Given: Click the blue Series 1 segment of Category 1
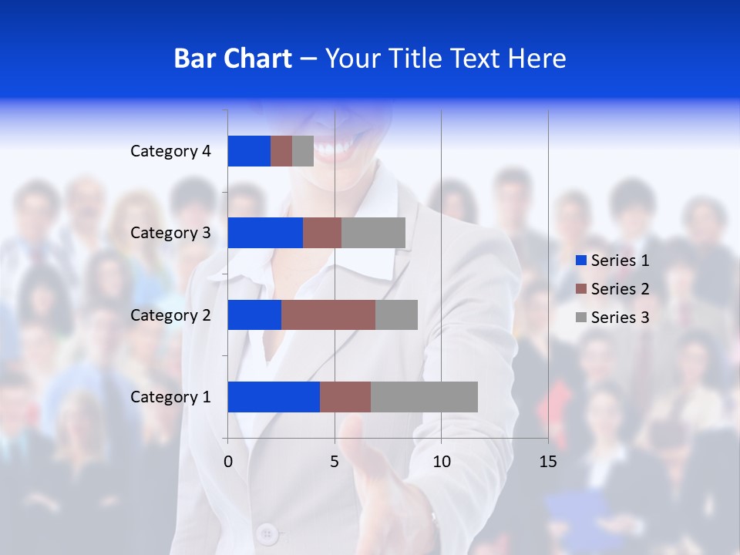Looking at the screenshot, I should coord(274,397).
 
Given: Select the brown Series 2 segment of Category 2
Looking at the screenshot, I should coord(328,314).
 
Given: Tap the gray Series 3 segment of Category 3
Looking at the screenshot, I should coord(373,233).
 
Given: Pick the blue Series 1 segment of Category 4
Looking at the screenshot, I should coord(249,151).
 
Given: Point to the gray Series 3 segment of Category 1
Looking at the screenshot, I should coord(424,397).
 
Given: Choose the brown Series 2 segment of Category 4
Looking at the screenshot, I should coord(281,151).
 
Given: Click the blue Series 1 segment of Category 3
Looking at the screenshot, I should coord(265,233).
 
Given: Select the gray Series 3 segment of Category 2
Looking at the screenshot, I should coord(396,314).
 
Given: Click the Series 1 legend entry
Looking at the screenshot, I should coord(612,261).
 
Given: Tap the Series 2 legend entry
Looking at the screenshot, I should coord(612,289).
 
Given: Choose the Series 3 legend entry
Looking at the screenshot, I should coord(612,318).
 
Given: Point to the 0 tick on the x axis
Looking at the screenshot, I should coord(228,462).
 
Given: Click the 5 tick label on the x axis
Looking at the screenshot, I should coord(335,462).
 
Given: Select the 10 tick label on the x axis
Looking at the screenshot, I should coord(441,462).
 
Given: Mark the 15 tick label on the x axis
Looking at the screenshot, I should coord(548,462).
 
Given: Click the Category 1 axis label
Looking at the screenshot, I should coord(170,397).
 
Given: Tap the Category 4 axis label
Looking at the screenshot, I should coord(170,151).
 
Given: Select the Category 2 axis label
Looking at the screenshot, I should coord(170,314).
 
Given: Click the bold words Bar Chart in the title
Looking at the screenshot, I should coord(233,59).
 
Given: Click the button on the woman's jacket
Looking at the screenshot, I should coord(267,532).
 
